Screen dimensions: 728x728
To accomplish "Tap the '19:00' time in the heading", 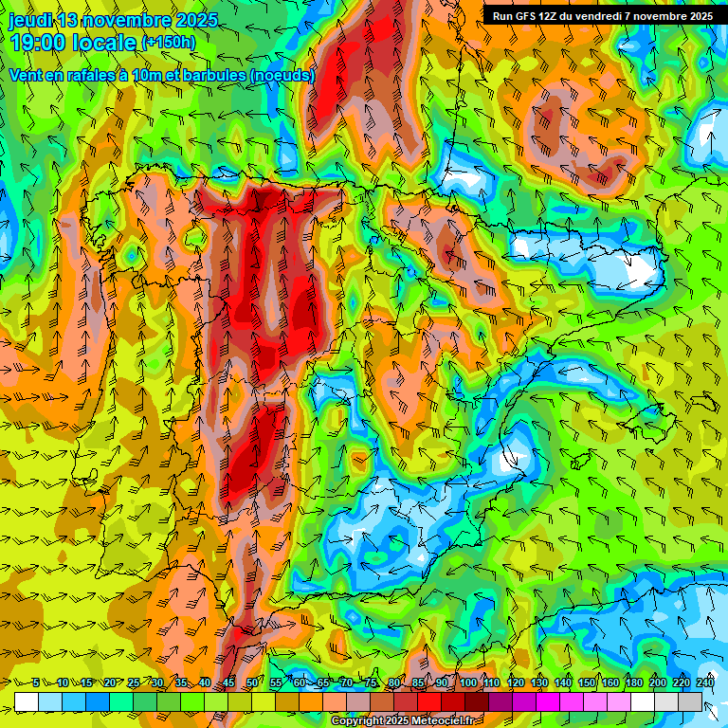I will (39, 43).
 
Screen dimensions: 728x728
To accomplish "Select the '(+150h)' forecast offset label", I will (168, 43).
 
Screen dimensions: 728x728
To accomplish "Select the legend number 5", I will (36, 682).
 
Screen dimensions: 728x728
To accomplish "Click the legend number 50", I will (251, 682).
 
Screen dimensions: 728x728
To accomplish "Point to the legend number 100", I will (467, 682).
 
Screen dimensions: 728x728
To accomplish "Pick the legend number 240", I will (704, 682).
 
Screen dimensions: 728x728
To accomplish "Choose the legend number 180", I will (633, 682).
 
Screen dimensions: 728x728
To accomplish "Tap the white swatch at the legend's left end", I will (26, 701).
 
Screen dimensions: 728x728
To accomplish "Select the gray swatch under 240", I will (690, 701).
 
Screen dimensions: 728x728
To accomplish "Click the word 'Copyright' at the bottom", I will (358, 721).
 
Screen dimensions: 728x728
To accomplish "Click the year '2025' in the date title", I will (195, 20).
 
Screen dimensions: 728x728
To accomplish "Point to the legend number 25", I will (133, 682).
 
